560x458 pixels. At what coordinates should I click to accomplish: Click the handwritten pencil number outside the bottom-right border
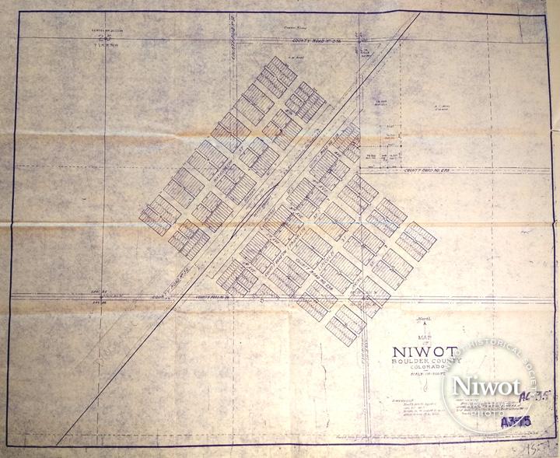(x=544, y=449)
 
